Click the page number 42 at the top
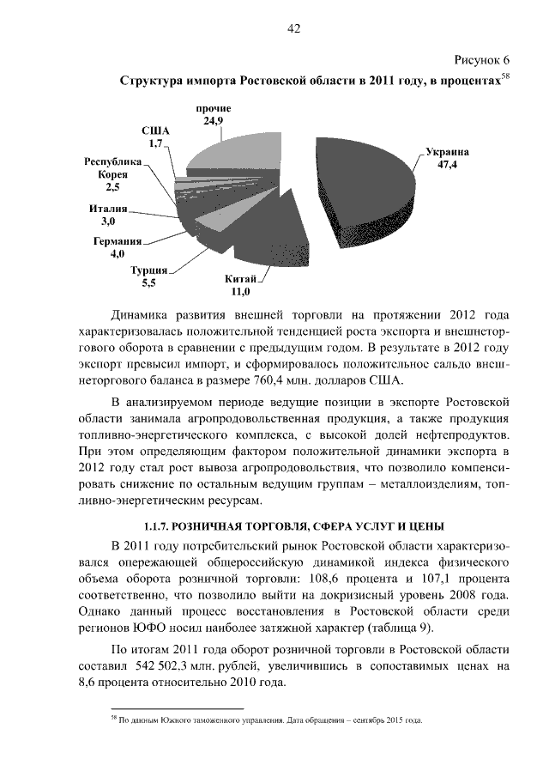point(293,28)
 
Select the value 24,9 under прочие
point(214,122)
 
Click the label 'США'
point(155,131)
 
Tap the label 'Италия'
point(108,209)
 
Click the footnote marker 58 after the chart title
point(505,76)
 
